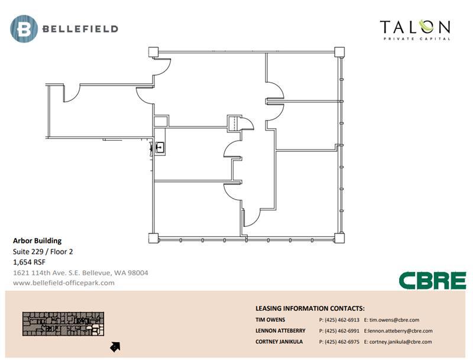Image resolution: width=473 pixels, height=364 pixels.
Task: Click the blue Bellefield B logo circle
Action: (x=24, y=29)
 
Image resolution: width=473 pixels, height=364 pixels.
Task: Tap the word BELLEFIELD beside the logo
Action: (x=80, y=29)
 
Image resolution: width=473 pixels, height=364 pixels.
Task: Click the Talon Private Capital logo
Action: (x=415, y=30)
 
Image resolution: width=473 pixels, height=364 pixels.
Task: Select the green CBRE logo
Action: (x=433, y=281)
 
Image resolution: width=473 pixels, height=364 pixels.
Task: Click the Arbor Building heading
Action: (x=37, y=240)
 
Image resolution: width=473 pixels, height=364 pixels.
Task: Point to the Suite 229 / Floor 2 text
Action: (x=43, y=252)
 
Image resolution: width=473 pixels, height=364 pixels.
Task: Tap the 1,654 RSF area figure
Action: (x=29, y=262)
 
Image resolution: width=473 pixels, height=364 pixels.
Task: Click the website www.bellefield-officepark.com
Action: (x=64, y=283)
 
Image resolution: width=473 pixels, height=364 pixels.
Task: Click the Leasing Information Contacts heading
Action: (x=310, y=308)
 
